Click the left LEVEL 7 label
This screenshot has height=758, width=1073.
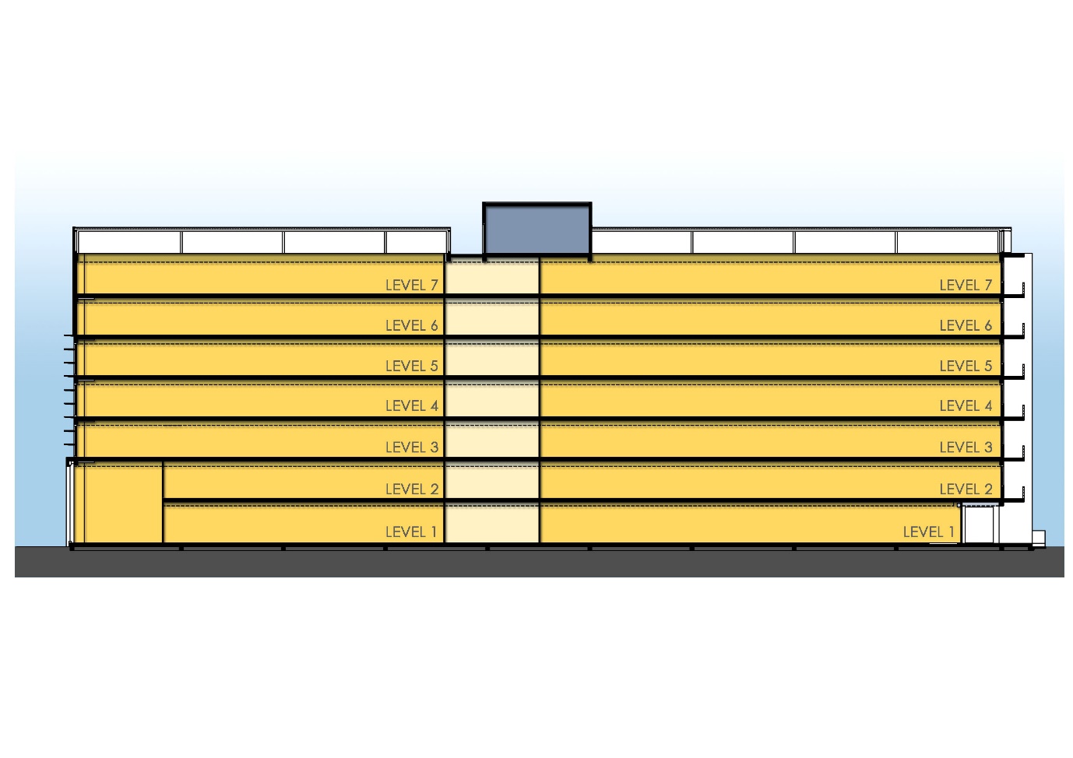[411, 286]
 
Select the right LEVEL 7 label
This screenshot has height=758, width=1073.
[966, 286]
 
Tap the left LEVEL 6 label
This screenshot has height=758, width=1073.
[411, 326]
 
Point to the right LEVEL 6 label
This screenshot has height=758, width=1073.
[966, 326]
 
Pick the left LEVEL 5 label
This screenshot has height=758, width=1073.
[411, 367]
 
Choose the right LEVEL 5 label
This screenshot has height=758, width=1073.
[966, 367]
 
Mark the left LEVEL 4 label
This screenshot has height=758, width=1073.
[411, 406]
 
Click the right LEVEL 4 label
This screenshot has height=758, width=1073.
[966, 406]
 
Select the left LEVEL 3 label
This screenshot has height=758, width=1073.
[411, 447]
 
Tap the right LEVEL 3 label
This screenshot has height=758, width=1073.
[966, 447]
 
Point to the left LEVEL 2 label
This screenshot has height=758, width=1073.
[411, 490]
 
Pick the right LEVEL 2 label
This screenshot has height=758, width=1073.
[966, 490]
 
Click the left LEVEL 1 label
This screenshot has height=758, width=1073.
[411, 532]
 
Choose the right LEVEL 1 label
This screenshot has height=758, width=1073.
[928, 532]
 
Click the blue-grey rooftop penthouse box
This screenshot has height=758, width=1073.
[537, 230]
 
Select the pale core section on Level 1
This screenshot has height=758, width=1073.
[491, 523]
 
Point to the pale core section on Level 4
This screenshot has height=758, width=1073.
[491, 399]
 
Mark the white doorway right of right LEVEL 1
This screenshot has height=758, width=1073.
[980, 525]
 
